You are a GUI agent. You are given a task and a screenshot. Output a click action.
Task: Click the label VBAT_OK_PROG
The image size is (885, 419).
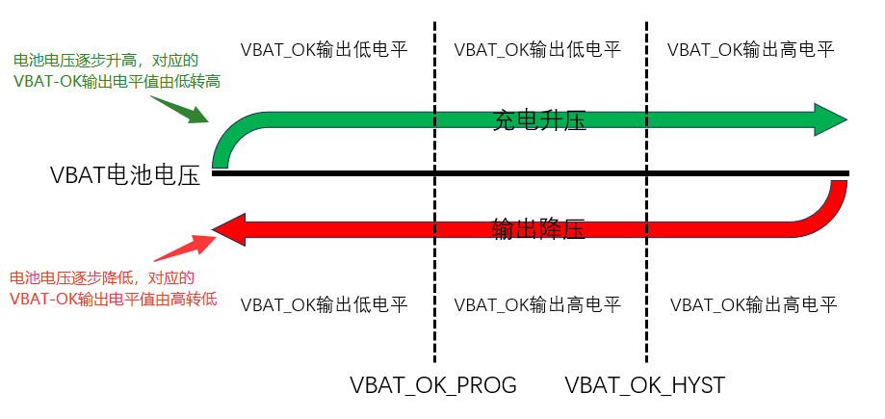point(433,386)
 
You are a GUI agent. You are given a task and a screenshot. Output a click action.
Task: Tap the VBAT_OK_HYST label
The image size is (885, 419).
point(645,386)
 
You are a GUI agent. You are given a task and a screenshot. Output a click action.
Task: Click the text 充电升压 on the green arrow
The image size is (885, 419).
point(539,120)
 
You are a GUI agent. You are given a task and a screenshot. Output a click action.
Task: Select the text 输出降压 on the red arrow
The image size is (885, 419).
point(539,228)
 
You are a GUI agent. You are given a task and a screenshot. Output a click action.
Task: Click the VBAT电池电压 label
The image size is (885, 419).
point(125,175)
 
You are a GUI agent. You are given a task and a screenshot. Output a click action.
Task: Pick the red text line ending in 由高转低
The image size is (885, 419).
point(114,299)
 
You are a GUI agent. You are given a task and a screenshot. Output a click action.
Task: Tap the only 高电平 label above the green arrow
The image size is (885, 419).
point(750,49)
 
